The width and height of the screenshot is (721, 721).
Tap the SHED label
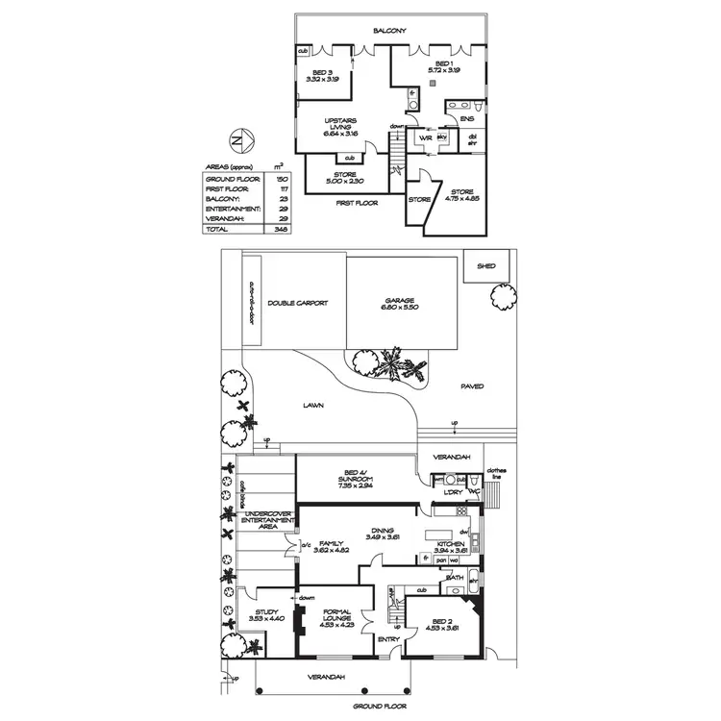485,266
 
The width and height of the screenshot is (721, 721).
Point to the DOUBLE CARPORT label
298,303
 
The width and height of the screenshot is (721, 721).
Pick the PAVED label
471,386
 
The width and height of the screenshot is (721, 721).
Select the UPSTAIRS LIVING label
341,124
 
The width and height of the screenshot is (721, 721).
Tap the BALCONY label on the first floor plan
389,31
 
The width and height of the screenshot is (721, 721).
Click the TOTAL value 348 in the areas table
282,230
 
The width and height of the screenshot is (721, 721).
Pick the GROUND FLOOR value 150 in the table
282,179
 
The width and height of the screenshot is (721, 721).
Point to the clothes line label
496,473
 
